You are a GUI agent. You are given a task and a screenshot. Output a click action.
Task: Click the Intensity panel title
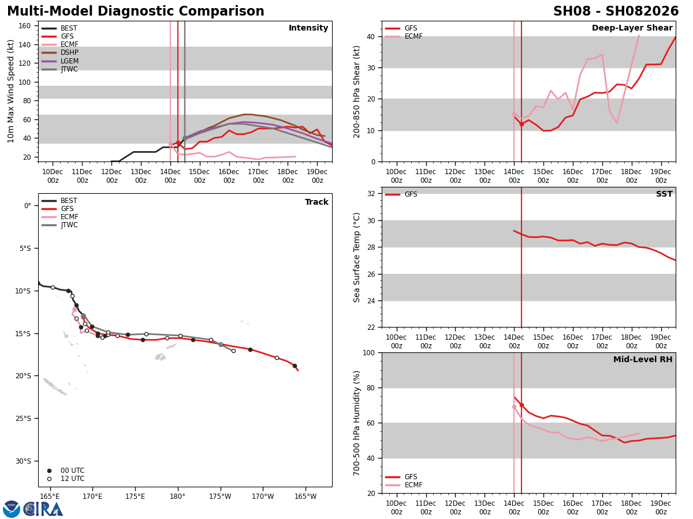click(x=308, y=28)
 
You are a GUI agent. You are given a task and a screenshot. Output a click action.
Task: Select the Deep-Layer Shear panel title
click(x=632, y=28)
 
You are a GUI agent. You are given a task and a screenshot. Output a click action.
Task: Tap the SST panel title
click(x=664, y=194)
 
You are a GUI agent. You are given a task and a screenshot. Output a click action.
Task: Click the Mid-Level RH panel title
click(x=643, y=360)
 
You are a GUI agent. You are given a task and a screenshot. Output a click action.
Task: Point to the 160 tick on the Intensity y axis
click(x=25, y=26)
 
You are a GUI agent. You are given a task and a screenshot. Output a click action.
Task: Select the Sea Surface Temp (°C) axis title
click(x=357, y=257)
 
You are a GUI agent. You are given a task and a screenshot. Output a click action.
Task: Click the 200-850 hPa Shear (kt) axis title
click(x=357, y=91)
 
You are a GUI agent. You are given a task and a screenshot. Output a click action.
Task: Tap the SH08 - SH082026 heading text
click(x=616, y=12)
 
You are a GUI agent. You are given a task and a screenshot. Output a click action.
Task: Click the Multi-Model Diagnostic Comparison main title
click(x=136, y=12)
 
